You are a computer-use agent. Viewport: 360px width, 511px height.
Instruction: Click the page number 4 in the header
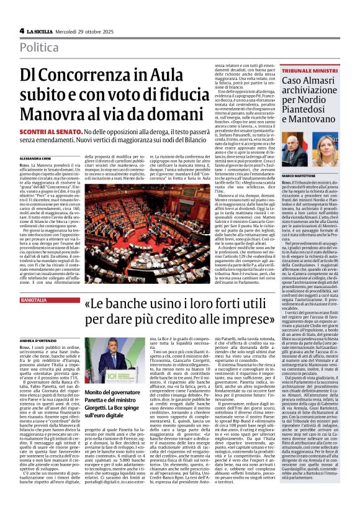tap(22, 30)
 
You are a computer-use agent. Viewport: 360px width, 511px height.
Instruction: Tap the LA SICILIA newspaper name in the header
tap(43, 30)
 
